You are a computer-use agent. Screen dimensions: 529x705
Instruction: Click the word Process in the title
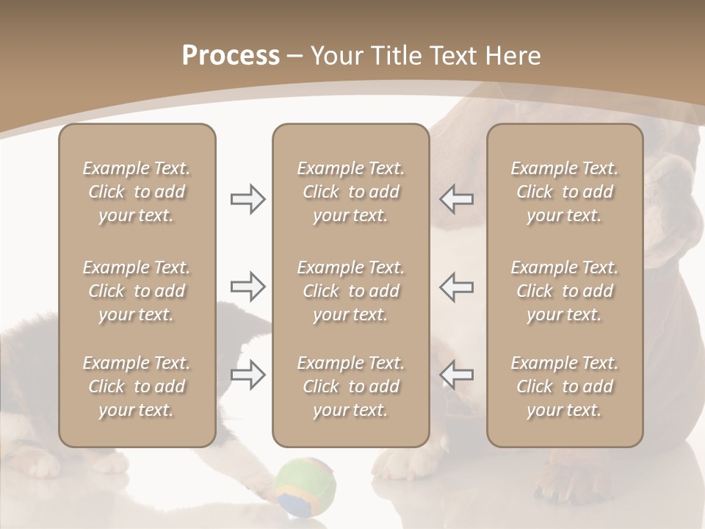point(231,56)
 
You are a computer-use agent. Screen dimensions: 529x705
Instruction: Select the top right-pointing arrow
point(247,199)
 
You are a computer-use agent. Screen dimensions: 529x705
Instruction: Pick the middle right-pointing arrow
point(247,287)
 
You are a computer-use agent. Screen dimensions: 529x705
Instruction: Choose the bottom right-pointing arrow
point(247,375)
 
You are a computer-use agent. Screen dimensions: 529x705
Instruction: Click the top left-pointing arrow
point(457,199)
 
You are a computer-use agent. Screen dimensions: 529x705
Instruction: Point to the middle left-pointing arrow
point(457,287)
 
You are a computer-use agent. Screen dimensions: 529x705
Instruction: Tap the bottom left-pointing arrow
point(457,375)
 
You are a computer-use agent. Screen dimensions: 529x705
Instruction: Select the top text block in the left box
point(137,192)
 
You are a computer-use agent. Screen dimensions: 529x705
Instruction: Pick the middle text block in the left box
point(137,291)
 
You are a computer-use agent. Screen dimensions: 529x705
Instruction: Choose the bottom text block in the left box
point(137,386)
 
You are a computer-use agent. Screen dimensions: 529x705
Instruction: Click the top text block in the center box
point(350,192)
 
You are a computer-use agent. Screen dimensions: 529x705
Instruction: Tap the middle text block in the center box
point(350,291)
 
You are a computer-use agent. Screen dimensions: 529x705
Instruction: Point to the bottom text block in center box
point(350,386)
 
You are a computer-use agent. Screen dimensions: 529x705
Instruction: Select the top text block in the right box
point(565,192)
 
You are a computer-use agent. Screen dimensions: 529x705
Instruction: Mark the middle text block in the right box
point(565,291)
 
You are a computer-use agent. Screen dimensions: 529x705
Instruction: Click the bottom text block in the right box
point(565,386)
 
